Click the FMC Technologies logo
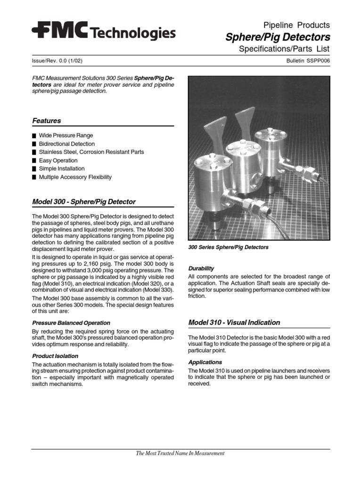click(x=103, y=32)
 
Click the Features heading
click(x=46, y=121)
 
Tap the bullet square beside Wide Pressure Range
click(x=34, y=135)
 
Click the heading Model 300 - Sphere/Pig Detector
click(x=83, y=202)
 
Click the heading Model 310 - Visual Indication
click(x=234, y=323)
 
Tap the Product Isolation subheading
click(x=55, y=356)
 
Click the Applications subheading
click(x=205, y=362)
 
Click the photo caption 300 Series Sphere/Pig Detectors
click(x=228, y=247)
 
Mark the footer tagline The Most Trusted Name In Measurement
click(x=180, y=453)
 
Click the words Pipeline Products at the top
click(x=296, y=25)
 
